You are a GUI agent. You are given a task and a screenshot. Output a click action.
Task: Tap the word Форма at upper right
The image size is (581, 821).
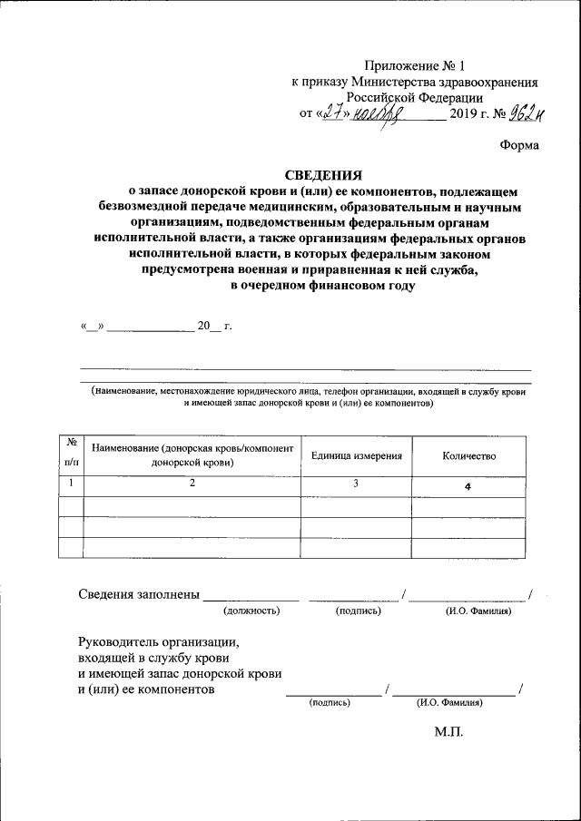tap(519, 145)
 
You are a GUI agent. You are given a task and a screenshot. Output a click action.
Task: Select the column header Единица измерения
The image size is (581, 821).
tap(356, 455)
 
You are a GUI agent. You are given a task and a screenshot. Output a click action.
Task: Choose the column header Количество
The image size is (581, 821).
tap(468, 455)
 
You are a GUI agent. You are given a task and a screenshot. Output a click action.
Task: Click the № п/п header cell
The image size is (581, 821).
tap(70, 452)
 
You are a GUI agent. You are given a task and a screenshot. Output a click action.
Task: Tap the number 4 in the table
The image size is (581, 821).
tap(468, 487)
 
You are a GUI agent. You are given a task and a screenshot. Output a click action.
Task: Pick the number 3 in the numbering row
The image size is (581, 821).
tap(356, 484)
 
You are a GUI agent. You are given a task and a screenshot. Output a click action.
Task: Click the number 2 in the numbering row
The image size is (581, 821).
tap(192, 484)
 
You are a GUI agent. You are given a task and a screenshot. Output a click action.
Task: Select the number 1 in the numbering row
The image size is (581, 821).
tap(70, 484)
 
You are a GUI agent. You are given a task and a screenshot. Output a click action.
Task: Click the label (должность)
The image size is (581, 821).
tap(251, 611)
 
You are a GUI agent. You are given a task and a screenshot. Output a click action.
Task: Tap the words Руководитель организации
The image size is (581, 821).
tap(157, 640)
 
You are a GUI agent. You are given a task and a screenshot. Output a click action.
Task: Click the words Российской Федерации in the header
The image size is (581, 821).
tap(415, 97)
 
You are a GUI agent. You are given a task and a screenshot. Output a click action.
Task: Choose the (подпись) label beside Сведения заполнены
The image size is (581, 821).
tap(358, 611)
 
